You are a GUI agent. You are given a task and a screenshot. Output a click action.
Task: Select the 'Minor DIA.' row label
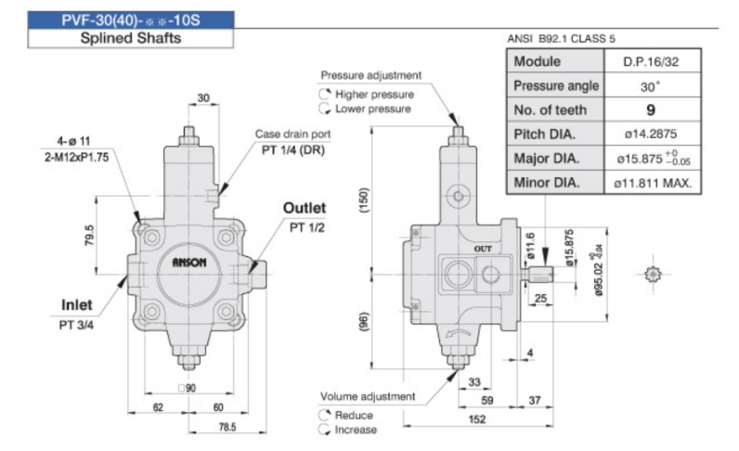(548, 182)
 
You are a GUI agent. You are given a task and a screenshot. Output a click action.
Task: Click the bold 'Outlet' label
(305, 208)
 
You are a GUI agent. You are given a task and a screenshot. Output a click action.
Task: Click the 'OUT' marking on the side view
(483, 250)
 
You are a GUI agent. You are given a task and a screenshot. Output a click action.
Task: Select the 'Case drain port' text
(292, 135)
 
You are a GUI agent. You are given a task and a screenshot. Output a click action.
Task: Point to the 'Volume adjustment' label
(369, 396)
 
